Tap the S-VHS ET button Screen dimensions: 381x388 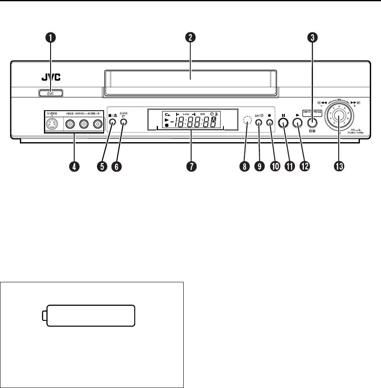[x=123, y=122]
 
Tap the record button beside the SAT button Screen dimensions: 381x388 [x=270, y=123]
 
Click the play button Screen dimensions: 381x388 [x=297, y=122]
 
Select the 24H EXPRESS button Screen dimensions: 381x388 [x=312, y=122]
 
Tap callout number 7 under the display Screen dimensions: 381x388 [x=191, y=166]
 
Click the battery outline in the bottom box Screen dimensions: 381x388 [x=90, y=316]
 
